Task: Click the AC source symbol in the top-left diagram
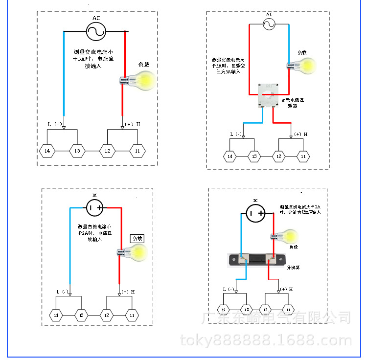click(96, 31)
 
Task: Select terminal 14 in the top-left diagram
click(47, 151)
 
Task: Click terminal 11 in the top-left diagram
click(138, 151)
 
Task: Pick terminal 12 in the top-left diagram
click(107, 151)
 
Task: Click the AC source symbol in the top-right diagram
click(269, 24)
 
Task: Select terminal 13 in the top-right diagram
click(254, 157)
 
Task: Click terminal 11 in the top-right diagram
click(304, 157)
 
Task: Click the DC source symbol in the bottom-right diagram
click(254, 213)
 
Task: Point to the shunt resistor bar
click(255, 260)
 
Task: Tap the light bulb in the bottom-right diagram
click(285, 236)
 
